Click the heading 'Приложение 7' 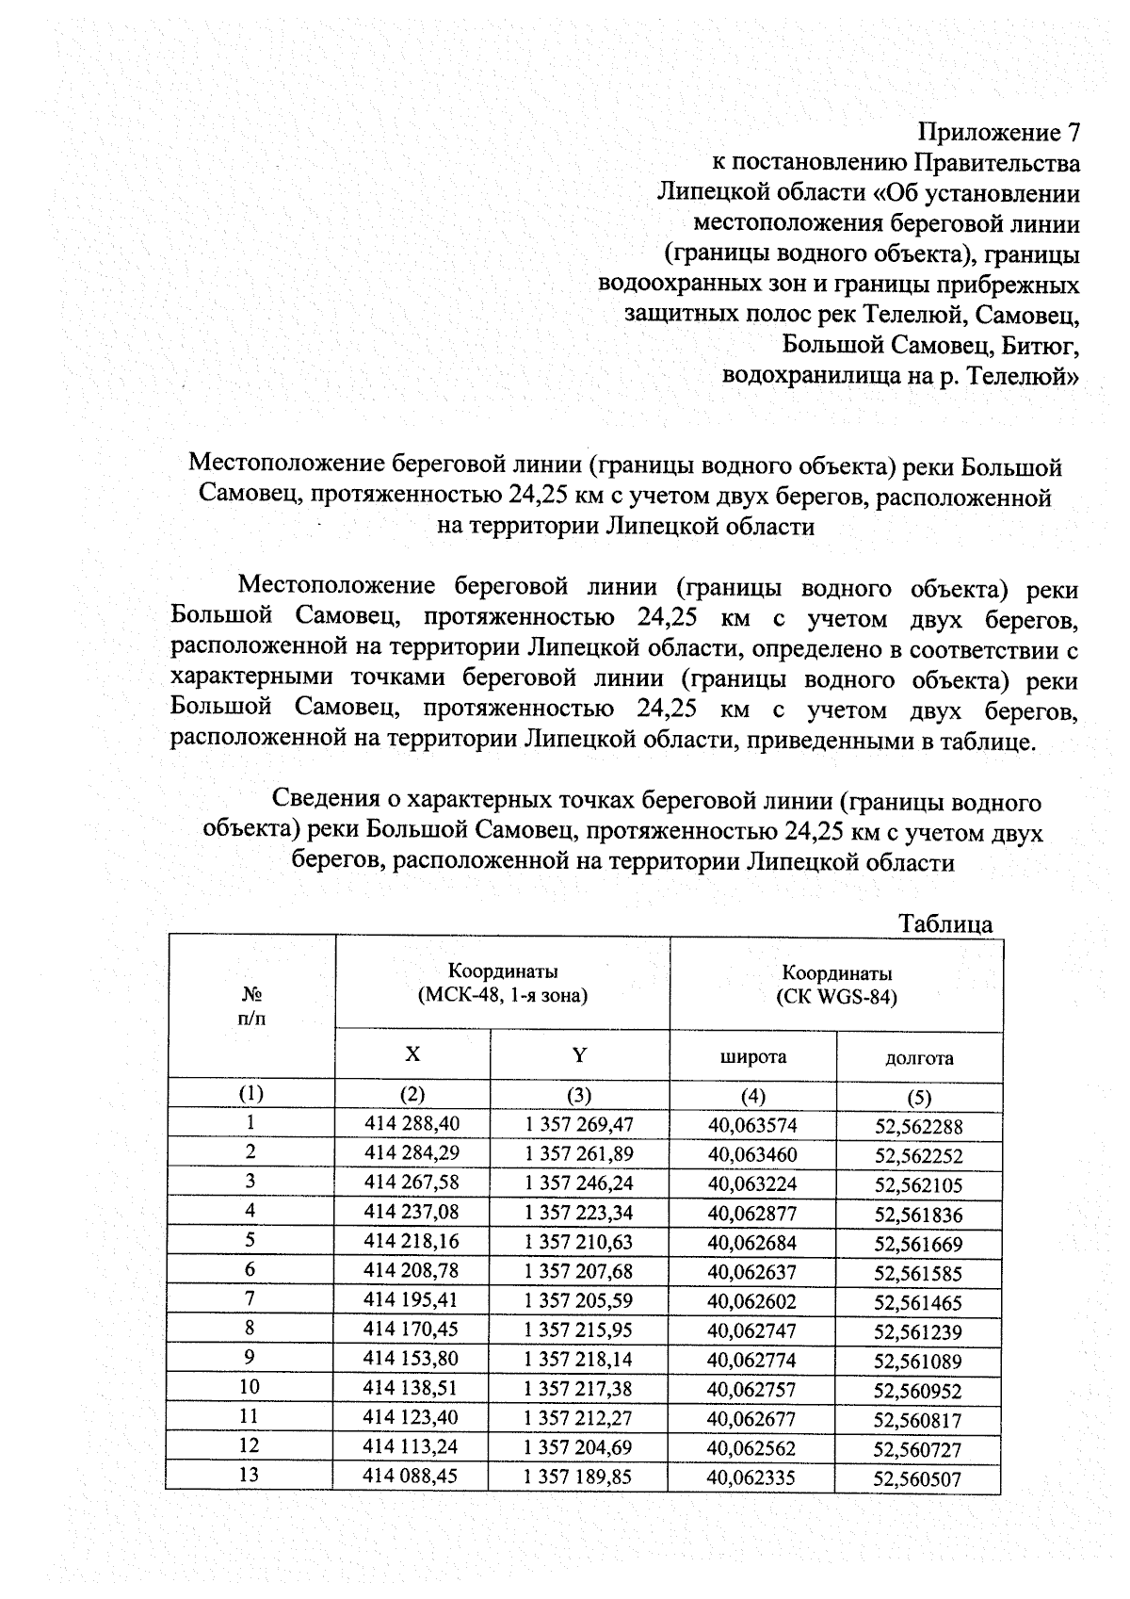(x=998, y=132)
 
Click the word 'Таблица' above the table (x=944, y=923)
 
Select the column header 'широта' (x=752, y=1056)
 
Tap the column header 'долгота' (x=919, y=1058)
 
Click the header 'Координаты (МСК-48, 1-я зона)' (x=502, y=983)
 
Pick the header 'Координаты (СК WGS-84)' (x=836, y=985)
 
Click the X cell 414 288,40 (x=412, y=1123)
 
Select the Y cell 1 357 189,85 (x=578, y=1477)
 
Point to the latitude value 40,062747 (x=751, y=1330)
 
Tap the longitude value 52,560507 (x=917, y=1479)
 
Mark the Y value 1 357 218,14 (x=578, y=1360)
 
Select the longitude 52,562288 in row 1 (x=918, y=1127)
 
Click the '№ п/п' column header (x=250, y=1006)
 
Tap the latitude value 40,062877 (x=751, y=1213)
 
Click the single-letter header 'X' (x=412, y=1054)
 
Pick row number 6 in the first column (x=250, y=1269)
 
